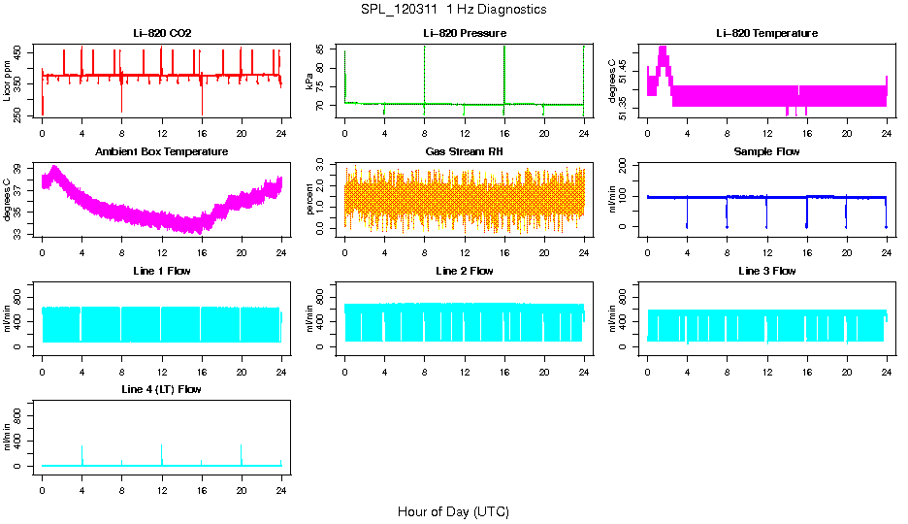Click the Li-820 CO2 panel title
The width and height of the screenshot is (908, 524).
click(162, 34)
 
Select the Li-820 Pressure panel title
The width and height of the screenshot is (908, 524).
click(465, 34)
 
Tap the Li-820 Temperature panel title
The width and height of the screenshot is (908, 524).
click(766, 34)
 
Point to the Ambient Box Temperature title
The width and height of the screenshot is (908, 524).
click(162, 152)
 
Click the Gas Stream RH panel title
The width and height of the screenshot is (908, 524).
click(465, 152)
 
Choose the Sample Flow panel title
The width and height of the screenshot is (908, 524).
click(766, 152)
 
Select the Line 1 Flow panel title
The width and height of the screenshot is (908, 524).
click(162, 271)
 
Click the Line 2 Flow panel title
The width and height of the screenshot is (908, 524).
click(465, 271)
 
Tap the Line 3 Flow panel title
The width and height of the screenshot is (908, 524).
click(766, 271)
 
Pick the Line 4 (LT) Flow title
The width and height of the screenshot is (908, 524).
click(162, 389)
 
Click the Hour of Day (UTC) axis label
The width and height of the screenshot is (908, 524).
click(453, 511)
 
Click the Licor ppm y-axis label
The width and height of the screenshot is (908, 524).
click(8, 82)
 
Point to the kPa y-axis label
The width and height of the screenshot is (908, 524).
click(310, 82)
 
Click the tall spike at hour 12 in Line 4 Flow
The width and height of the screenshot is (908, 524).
click(162, 449)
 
